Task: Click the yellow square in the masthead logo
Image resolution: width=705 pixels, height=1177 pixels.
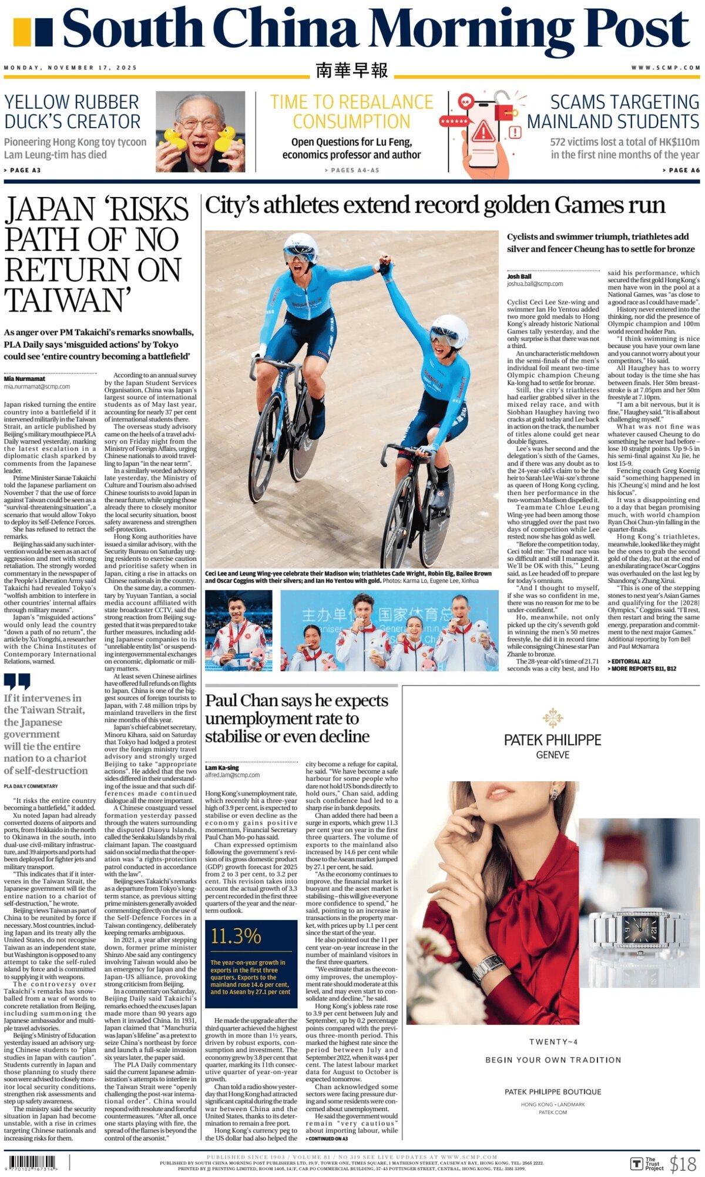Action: point(21,32)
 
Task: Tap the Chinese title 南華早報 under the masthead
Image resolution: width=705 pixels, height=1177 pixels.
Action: point(351,71)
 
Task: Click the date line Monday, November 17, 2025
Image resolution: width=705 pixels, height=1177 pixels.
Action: point(70,68)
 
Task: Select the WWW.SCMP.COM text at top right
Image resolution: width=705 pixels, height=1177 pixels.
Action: point(666,68)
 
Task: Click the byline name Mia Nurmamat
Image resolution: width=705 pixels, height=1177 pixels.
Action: point(25,379)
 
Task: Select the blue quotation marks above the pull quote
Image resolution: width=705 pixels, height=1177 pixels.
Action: point(16,681)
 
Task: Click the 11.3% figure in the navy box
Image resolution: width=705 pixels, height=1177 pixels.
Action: point(236,937)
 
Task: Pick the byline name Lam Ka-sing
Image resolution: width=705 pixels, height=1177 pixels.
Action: point(222,768)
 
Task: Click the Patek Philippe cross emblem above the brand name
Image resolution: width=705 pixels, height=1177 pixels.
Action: point(553,718)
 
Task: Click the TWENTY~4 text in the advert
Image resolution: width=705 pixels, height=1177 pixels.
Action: point(553,1042)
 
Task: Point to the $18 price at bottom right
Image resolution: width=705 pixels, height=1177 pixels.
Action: point(683,1163)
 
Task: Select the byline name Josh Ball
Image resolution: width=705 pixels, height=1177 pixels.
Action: point(519,276)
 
